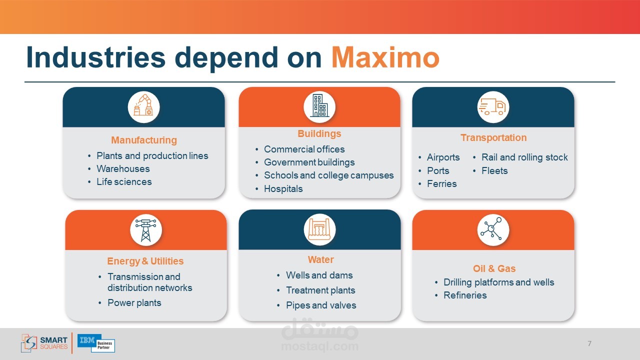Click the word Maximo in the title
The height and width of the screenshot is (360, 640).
385,57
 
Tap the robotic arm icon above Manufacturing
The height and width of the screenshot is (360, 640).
143,105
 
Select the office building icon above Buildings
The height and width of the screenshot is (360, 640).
319,105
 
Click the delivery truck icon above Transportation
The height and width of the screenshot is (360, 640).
493,107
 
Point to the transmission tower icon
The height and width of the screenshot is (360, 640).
145,230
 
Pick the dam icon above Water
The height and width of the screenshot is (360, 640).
319,229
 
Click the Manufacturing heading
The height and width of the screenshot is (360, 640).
144,140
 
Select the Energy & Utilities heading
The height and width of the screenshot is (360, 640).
145,261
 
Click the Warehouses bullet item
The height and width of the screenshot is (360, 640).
123,169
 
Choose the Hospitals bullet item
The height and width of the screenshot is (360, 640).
283,189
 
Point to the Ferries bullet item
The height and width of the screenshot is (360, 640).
441,183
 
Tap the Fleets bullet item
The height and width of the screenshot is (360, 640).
494,171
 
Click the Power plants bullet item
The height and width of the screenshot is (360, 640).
134,303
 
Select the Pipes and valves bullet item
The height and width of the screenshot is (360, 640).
321,305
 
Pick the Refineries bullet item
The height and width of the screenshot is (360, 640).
465,295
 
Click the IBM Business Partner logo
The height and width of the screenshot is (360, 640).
96,343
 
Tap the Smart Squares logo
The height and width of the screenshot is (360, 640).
44,343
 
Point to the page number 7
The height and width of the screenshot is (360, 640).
589,343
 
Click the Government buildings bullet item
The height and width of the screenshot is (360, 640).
309,162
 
